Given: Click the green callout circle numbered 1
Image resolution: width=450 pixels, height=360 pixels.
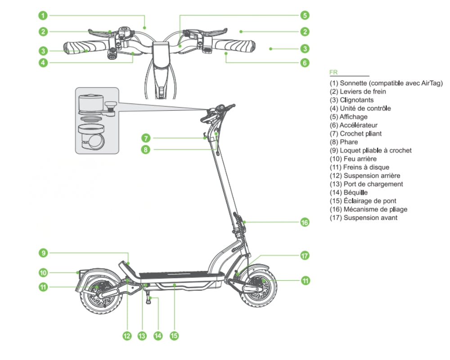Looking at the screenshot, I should [x=43, y=16].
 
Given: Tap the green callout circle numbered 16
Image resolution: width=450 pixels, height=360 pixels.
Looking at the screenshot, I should [x=305, y=222].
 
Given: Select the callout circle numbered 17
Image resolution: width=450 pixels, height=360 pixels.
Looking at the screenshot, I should [x=305, y=256].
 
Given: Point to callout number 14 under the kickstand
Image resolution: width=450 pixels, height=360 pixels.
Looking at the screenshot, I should [x=157, y=335].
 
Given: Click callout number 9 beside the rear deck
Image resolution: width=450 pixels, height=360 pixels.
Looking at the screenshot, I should [x=43, y=253].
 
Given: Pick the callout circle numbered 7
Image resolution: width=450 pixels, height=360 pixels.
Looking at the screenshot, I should [x=145, y=138].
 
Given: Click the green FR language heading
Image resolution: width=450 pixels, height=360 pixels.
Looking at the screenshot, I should [x=333, y=72].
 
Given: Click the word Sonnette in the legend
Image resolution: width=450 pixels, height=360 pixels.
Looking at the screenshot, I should [x=353, y=83].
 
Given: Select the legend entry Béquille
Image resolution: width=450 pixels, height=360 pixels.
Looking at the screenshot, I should [x=355, y=193].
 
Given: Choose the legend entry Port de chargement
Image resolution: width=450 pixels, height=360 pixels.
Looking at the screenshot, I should [x=373, y=184].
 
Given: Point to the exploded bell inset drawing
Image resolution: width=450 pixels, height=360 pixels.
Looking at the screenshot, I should [x=96, y=121].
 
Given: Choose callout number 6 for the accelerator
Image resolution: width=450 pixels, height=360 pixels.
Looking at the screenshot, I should [x=305, y=63].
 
